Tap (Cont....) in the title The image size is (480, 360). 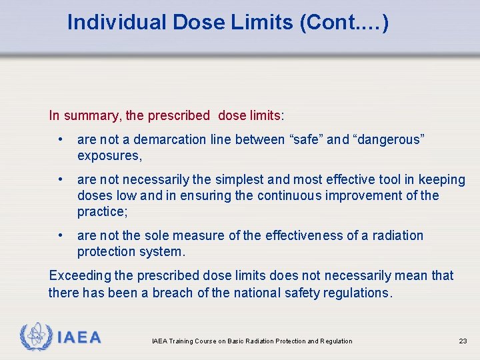point(344,23)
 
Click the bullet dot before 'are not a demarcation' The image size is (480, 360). point(61,139)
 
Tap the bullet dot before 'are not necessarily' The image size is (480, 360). point(61,179)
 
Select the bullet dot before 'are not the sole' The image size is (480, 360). point(61,235)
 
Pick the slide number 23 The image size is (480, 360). point(463,341)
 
